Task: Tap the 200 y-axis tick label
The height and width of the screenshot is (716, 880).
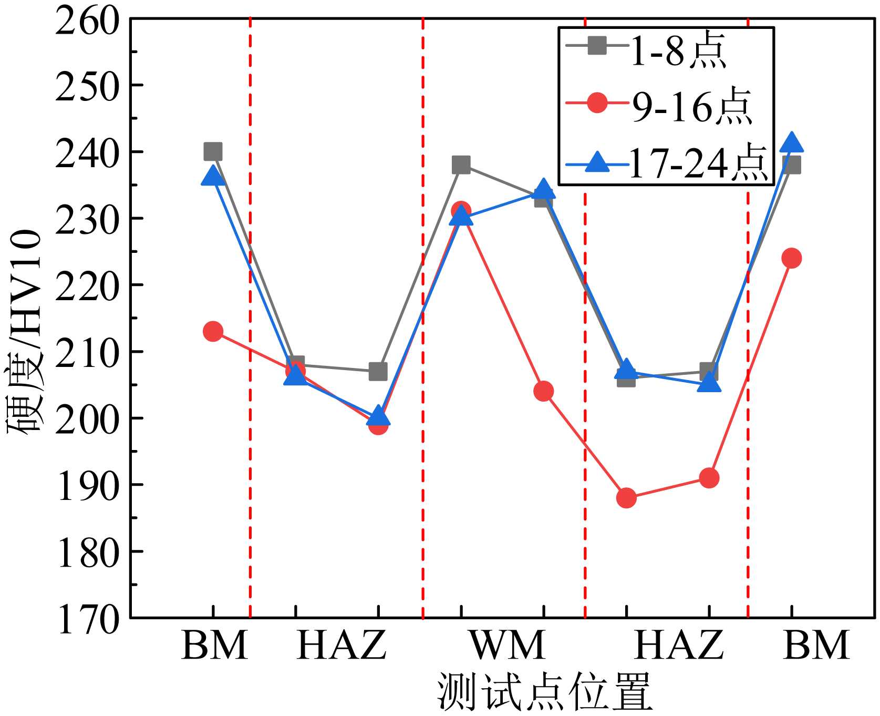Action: (x=87, y=419)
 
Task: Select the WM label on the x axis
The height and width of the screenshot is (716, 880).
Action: (x=508, y=645)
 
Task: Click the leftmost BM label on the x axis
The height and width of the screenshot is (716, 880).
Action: (x=214, y=645)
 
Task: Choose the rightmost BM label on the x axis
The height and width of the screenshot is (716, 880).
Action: (x=816, y=645)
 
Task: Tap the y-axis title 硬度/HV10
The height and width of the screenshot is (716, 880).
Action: (x=24, y=331)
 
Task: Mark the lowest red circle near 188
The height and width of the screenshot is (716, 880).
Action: (x=626, y=497)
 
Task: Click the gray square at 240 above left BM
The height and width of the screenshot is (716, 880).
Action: (x=213, y=151)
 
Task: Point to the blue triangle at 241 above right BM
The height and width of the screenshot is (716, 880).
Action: (x=792, y=143)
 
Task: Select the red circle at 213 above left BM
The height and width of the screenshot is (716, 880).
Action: (x=213, y=331)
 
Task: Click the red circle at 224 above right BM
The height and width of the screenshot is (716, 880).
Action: (x=792, y=258)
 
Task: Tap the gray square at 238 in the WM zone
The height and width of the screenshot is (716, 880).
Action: (x=461, y=165)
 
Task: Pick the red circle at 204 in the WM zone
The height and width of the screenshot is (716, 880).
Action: (x=543, y=391)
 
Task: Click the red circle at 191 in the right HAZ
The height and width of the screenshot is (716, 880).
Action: (x=709, y=478)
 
